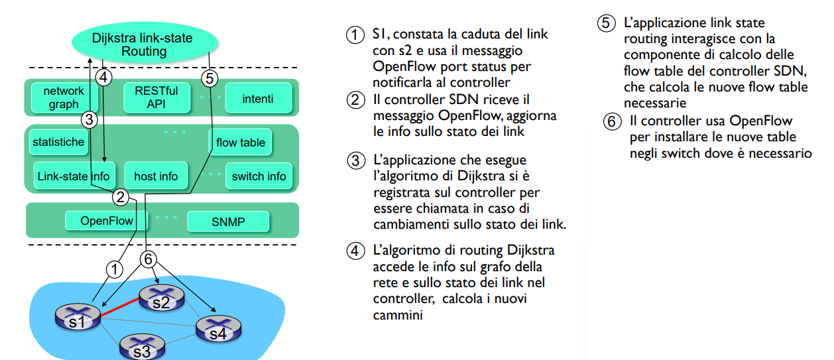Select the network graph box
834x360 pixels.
pyautogui.click(x=64, y=97)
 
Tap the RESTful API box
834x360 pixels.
pyautogui.click(x=156, y=97)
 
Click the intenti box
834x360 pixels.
pyautogui.click(x=258, y=98)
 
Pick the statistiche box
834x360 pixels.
pyautogui.click(x=58, y=142)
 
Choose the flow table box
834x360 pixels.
pyautogui.click(x=240, y=143)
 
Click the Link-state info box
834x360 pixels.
pyautogui.click(x=74, y=176)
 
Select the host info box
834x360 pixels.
pyautogui.click(x=156, y=176)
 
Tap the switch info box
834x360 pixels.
pyautogui.click(x=259, y=176)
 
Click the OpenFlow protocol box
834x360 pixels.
pyautogui.click(x=107, y=221)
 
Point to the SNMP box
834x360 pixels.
pyautogui.click(x=228, y=221)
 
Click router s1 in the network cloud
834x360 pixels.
pyautogui.click(x=78, y=316)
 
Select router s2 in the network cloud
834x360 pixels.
pyautogui.click(x=162, y=298)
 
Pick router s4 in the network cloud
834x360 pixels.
pyautogui.click(x=219, y=329)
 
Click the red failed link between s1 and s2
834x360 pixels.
pyautogui.click(x=120, y=307)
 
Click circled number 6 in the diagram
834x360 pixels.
pyautogui.click(x=149, y=259)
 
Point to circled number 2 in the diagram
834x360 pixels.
pyautogui.click(x=120, y=198)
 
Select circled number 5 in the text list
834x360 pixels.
pyautogui.click(x=607, y=23)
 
